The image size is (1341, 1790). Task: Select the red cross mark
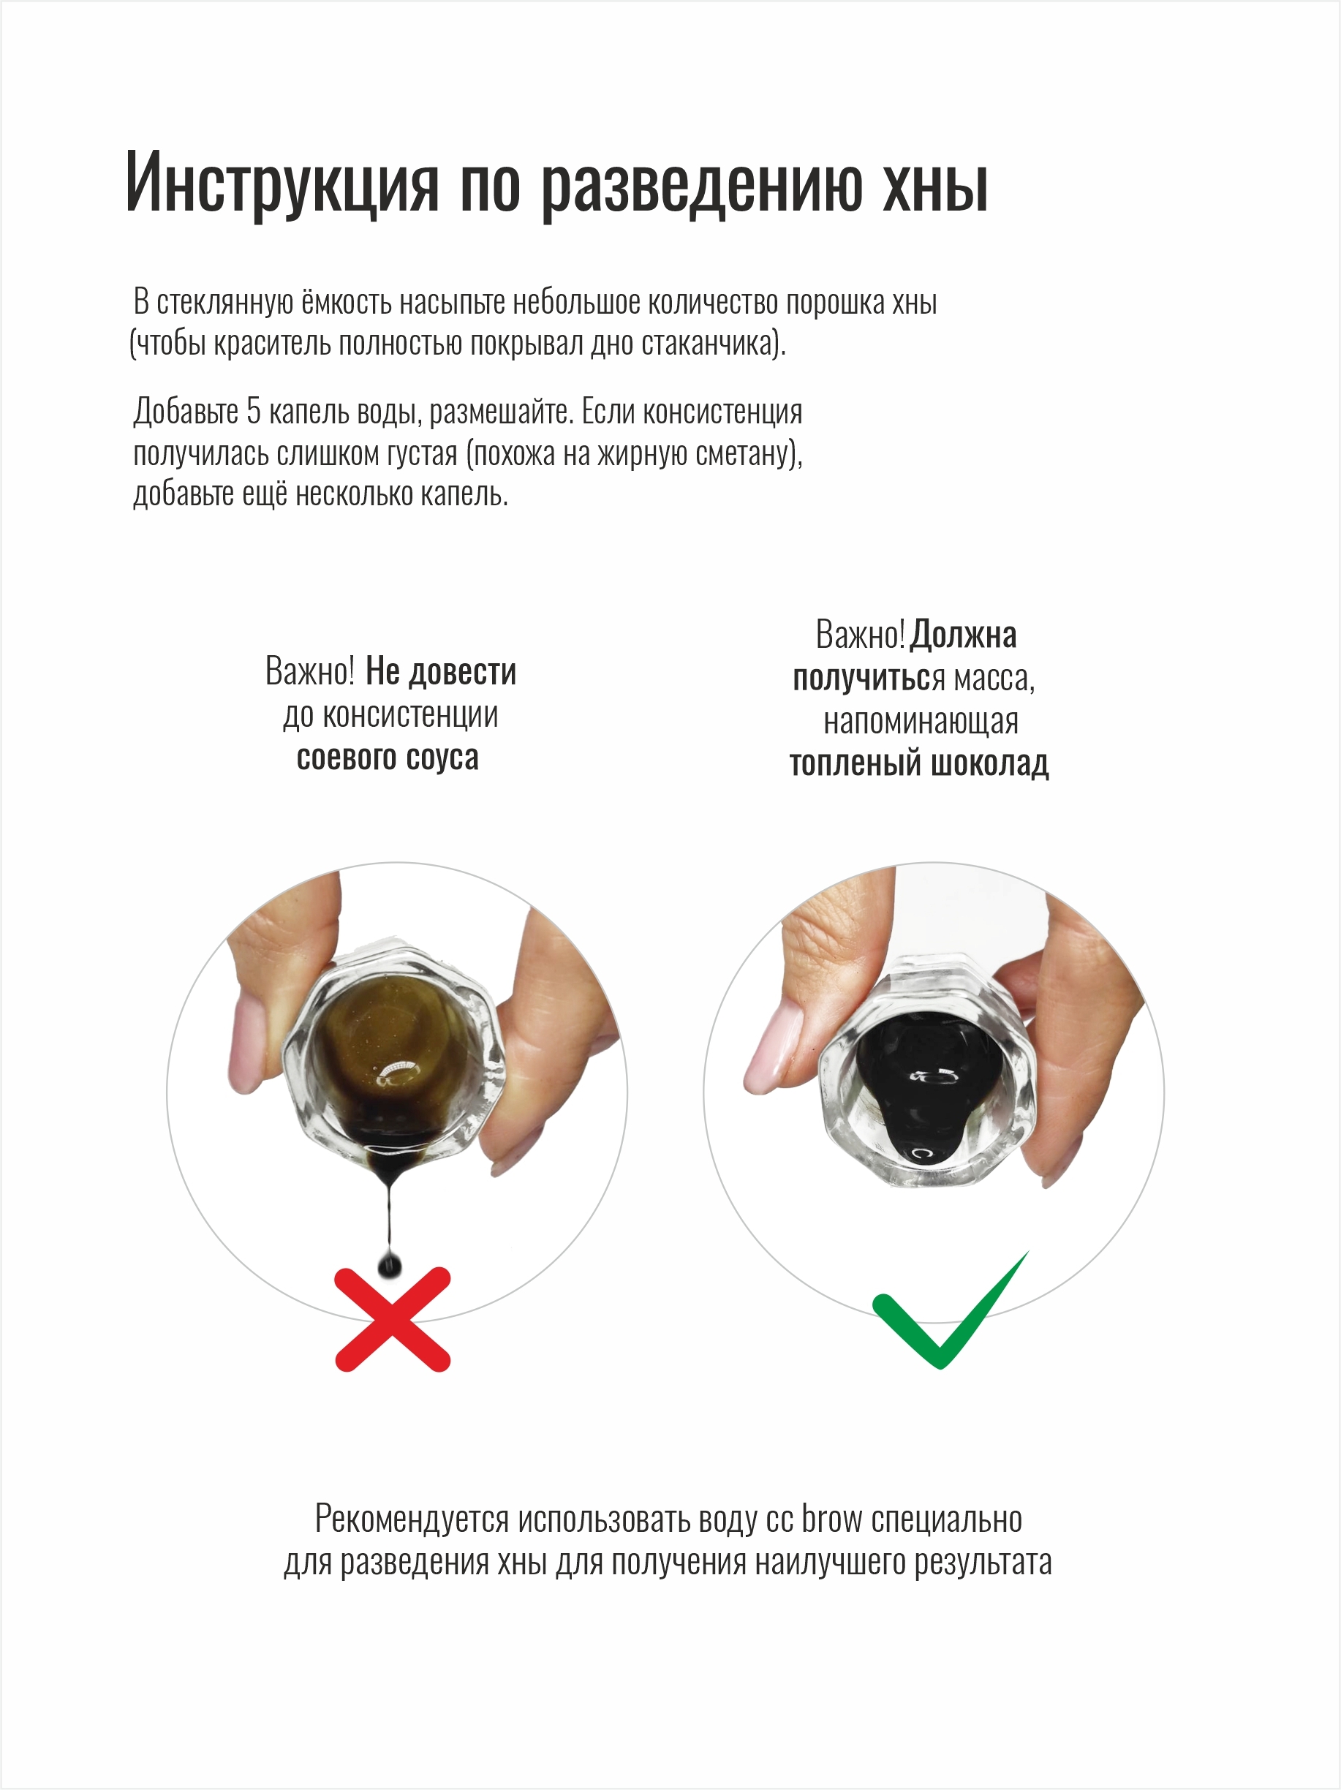tap(393, 1319)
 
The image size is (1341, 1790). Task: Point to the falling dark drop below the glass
tap(389, 1265)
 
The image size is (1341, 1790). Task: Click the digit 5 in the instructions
tap(253, 411)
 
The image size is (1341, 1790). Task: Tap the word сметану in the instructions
tap(745, 453)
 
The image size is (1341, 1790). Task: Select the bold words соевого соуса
tap(388, 758)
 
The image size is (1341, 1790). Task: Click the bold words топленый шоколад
tap(919, 763)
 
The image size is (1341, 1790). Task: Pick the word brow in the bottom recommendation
tap(832, 1519)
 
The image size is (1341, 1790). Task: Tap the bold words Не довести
tap(441, 672)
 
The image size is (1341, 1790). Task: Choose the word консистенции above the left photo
tap(391, 715)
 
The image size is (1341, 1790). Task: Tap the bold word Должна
tap(963, 635)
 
